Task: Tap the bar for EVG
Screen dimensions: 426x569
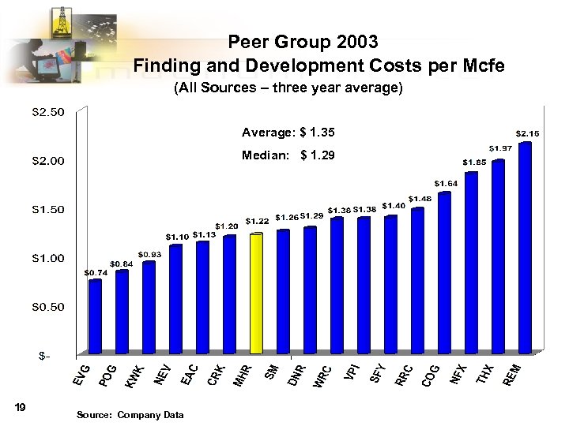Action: tap(95, 316)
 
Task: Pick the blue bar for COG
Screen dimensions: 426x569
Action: tap(444, 271)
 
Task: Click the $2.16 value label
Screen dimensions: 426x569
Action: tap(527, 133)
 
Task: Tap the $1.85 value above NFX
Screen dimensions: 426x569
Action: tap(474, 162)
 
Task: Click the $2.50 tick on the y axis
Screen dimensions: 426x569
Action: tap(48, 113)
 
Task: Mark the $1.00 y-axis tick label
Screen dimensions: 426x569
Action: tap(48, 258)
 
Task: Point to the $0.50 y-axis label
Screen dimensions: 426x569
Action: tap(48, 306)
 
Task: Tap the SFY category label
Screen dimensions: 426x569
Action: tap(378, 372)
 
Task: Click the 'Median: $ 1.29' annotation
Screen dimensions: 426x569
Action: tap(288, 155)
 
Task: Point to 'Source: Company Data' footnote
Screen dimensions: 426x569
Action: tap(130, 415)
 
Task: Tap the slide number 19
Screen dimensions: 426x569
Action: tap(21, 407)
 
